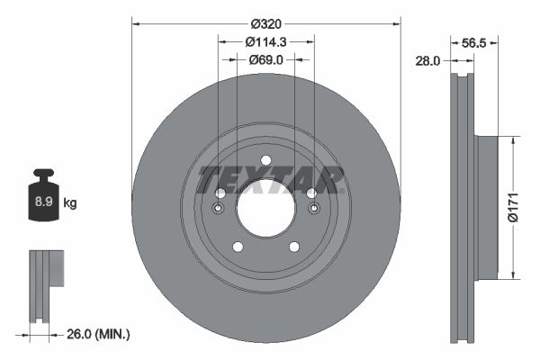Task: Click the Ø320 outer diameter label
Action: [265, 22]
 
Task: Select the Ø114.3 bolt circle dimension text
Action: [265, 41]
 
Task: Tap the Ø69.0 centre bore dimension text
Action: [265, 59]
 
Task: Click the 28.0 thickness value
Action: [427, 61]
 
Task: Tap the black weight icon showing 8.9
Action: [43, 199]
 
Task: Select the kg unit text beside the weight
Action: [70, 203]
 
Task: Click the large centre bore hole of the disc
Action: [265, 208]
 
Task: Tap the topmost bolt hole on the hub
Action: [265, 161]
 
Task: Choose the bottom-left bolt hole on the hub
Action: [238, 247]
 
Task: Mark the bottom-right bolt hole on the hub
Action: [293, 247]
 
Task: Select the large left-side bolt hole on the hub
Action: [220, 193]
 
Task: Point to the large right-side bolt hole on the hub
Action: [310, 193]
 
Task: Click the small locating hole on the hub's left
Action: [218, 210]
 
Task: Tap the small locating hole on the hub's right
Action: [313, 210]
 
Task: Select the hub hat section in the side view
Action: [486, 208]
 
